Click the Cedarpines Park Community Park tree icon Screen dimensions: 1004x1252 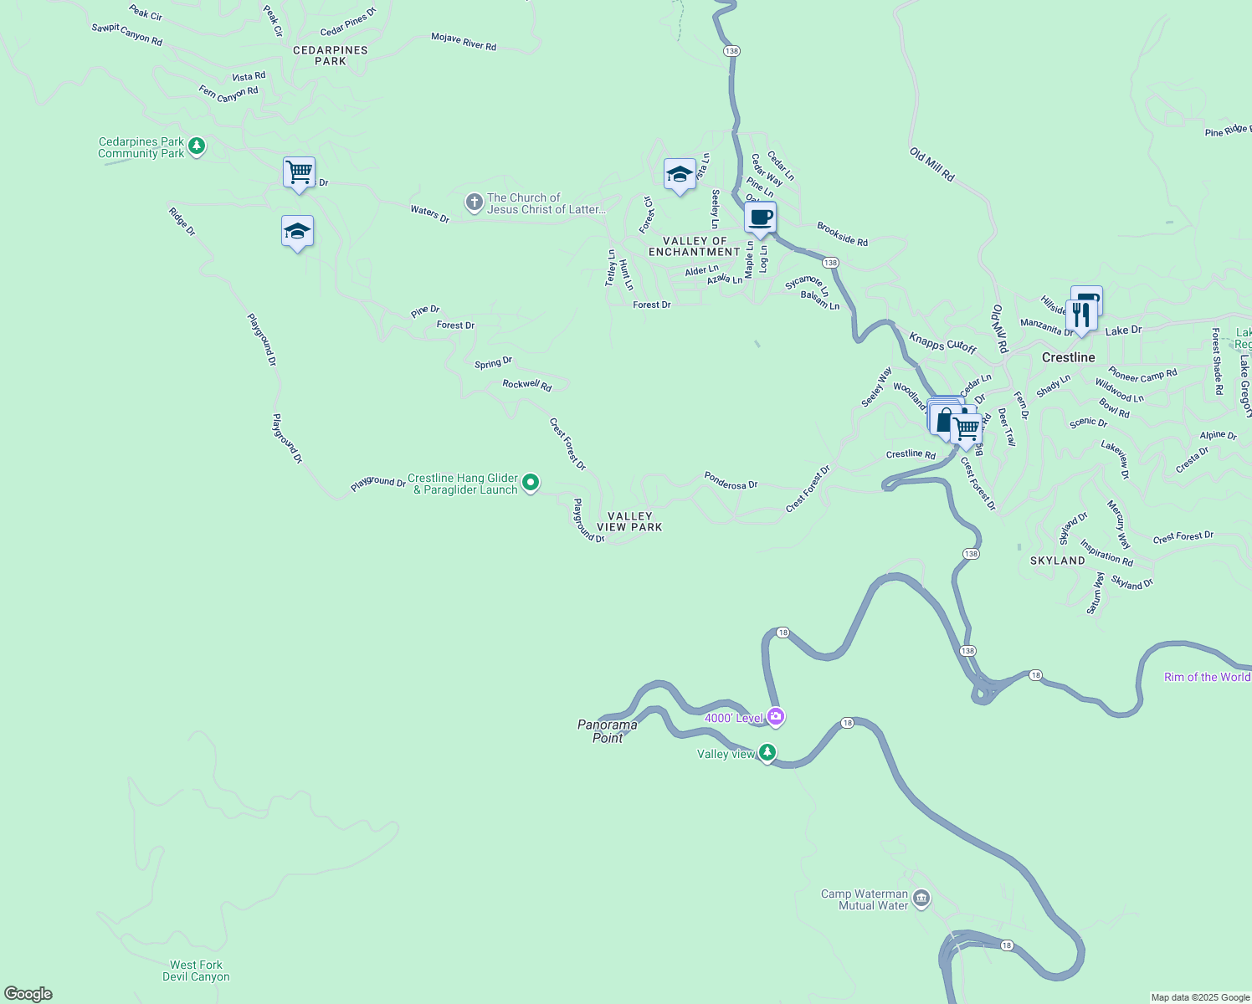(x=197, y=147)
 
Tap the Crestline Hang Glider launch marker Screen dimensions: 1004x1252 (x=530, y=483)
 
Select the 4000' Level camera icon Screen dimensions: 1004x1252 (x=776, y=716)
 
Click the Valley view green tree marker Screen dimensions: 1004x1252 (x=767, y=753)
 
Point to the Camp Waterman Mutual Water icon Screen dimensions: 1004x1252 (x=921, y=899)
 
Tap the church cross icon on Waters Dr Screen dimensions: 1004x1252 (x=474, y=202)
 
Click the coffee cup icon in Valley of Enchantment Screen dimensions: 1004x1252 (x=760, y=218)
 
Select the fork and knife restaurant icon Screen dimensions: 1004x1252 (x=1081, y=316)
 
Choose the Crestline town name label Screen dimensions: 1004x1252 (x=1068, y=357)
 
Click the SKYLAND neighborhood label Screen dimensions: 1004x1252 (x=1057, y=561)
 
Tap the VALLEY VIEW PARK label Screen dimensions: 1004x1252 (x=629, y=522)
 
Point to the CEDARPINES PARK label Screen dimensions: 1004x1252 (x=330, y=55)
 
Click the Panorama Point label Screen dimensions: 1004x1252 (x=608, y=731)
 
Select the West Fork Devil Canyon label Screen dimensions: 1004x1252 (x=196, y=971)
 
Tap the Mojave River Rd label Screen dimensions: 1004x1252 (x=464, y=42)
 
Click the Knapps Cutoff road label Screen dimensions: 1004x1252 (x=942, y=343)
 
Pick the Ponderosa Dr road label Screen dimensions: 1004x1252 (x=731, y=479)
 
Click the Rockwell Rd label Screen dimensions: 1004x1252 (x=526, y=385)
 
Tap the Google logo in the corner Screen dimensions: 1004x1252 (x=28, y=993)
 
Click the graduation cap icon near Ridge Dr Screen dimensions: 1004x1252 (x=297, y=232)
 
